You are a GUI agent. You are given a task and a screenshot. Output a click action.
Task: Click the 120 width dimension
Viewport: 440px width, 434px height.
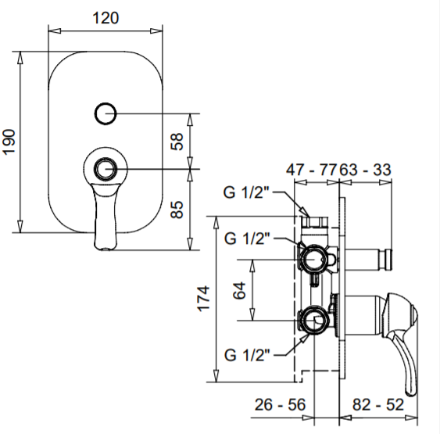(x=106, y=18)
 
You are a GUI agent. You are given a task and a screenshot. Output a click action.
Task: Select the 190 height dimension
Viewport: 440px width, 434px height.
(x=9, y=142)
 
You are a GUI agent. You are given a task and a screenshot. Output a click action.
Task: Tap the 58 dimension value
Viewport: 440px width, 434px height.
(x=177, y=142)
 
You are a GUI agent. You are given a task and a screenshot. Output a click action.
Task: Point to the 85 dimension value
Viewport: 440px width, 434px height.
(x=177, y=210)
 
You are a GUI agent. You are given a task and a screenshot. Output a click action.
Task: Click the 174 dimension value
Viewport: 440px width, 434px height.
(x=204, y=299)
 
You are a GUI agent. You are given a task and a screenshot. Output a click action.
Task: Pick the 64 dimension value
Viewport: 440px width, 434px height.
(x=240, y=291)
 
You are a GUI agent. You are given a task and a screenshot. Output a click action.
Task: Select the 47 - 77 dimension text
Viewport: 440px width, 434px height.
(x=311, y=170)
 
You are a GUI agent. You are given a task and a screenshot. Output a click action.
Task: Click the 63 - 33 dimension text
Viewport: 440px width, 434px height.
(x=365, y=170)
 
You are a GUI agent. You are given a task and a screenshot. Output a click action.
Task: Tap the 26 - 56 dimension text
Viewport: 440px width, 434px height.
(x=280, y=404)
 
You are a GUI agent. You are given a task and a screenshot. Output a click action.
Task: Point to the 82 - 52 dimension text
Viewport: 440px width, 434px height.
(x=378, y=404)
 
